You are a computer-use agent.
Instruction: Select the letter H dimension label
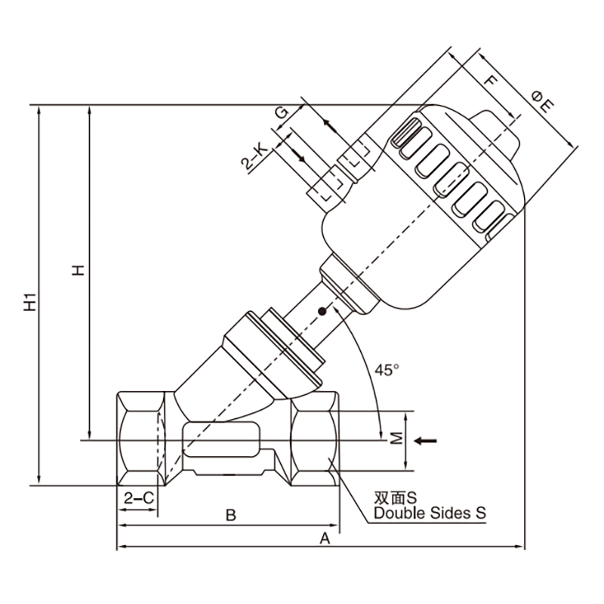pyautogui.click(x=79, y=270)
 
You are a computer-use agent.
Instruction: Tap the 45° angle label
pyautogui.click(x=387, y=370)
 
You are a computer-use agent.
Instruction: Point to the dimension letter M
pyautogui.click(x=396, y=438)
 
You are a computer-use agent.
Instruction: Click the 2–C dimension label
pyautogui.click(x=139, y=498)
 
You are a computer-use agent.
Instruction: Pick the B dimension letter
pyautogui.click(x=230, y=515)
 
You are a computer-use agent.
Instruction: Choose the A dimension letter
pyautogui.click(x=325, y=538)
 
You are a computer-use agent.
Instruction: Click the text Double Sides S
pyautogui.click(x=430, y=513)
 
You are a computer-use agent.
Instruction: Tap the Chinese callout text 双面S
pyautogui.click(x=395, y=498)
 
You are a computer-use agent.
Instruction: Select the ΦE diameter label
pyautogui.click(x=543, y=101)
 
